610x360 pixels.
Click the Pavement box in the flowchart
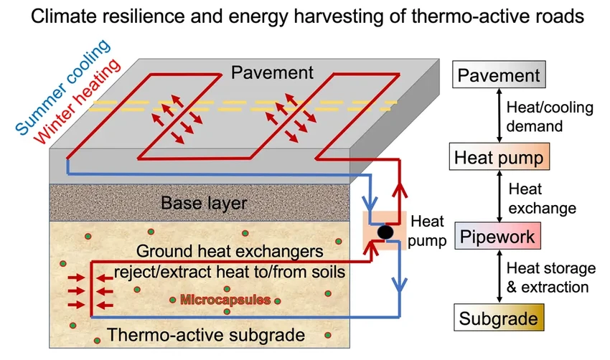coord(499,75)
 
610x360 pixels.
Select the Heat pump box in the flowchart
coord(499,156)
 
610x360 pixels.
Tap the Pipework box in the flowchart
coord(499,236)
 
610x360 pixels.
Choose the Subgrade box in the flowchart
coord(499,316)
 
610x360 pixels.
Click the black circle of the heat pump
coord(385,232)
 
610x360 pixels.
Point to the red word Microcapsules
coord(225,300)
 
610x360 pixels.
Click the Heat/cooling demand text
coord(540,115)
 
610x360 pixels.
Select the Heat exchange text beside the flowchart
coord(542,199)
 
